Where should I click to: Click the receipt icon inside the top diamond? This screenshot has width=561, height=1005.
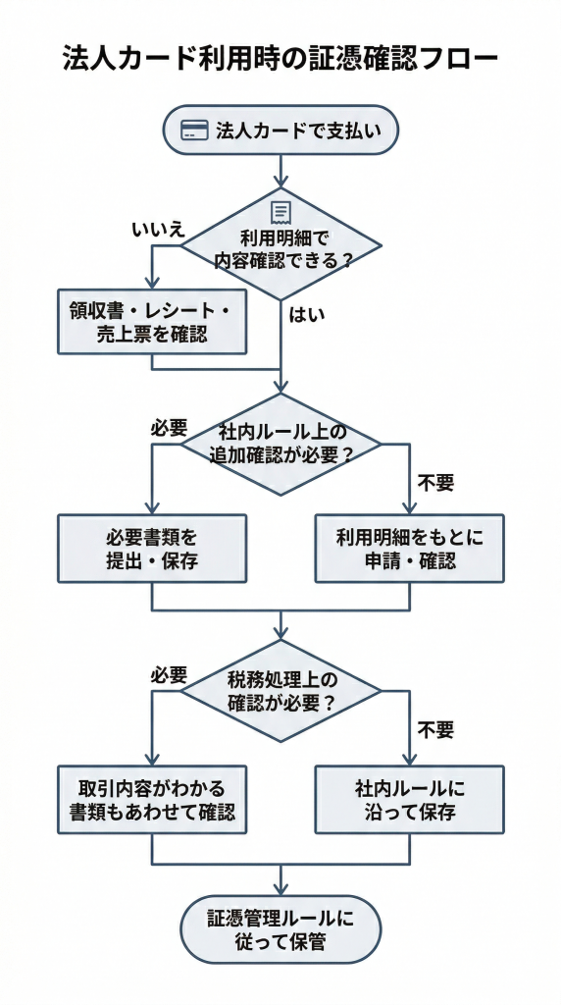281,211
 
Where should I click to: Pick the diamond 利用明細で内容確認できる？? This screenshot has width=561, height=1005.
281,245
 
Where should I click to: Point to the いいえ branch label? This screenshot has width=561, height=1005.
158,229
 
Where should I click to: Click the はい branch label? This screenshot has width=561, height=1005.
307,315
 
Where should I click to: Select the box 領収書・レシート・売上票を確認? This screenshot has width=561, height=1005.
152,322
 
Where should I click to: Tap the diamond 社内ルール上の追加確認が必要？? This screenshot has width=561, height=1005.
281,444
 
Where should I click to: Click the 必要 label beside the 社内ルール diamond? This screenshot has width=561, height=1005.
169,428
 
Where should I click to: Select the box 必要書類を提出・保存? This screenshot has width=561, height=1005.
152,550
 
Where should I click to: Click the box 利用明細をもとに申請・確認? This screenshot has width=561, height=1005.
409,550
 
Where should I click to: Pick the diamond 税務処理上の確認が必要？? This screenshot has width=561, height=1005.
281,691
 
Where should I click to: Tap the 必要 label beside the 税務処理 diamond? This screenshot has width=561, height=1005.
169,675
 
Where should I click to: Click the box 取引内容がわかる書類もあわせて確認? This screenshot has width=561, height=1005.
152,800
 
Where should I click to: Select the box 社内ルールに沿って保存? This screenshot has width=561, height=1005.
409,800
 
